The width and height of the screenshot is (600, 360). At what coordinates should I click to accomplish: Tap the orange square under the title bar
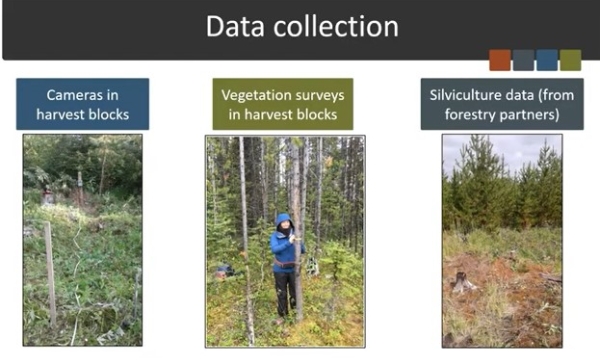pos(500,60)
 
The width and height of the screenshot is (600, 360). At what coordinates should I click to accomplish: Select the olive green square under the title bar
pos(570,60)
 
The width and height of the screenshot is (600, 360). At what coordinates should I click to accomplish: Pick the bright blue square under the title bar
pos(547,60)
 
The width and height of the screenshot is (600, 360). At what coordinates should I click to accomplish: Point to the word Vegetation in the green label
pos(261,96)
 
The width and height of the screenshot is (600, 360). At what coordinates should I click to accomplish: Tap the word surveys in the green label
pos(325,96)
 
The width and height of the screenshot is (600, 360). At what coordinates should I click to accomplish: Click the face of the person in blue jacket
pos(285,228)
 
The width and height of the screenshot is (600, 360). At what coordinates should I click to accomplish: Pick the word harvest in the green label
pos(263,114)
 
